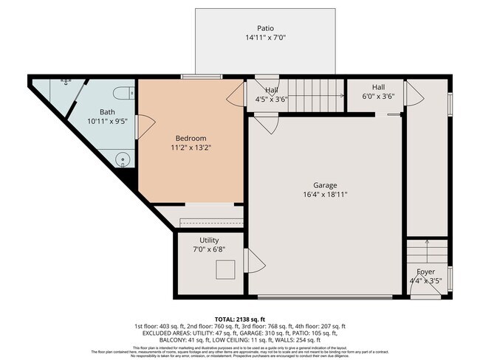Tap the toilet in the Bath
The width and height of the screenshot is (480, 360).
123,92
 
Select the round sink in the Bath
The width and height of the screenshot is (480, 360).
122,159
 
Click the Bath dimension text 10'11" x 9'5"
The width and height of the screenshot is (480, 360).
108,122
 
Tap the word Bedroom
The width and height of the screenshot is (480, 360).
191,138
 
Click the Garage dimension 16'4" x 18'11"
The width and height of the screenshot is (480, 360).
325,195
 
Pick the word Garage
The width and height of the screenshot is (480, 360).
325,185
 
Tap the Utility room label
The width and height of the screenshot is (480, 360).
209,240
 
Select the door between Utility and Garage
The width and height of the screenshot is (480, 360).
251,260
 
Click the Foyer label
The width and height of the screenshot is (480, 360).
425,271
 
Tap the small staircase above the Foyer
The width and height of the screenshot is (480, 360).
427,251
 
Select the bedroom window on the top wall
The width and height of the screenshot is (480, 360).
201,76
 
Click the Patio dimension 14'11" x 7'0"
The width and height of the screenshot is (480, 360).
265,38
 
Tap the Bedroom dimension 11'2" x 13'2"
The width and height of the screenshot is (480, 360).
191,148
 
